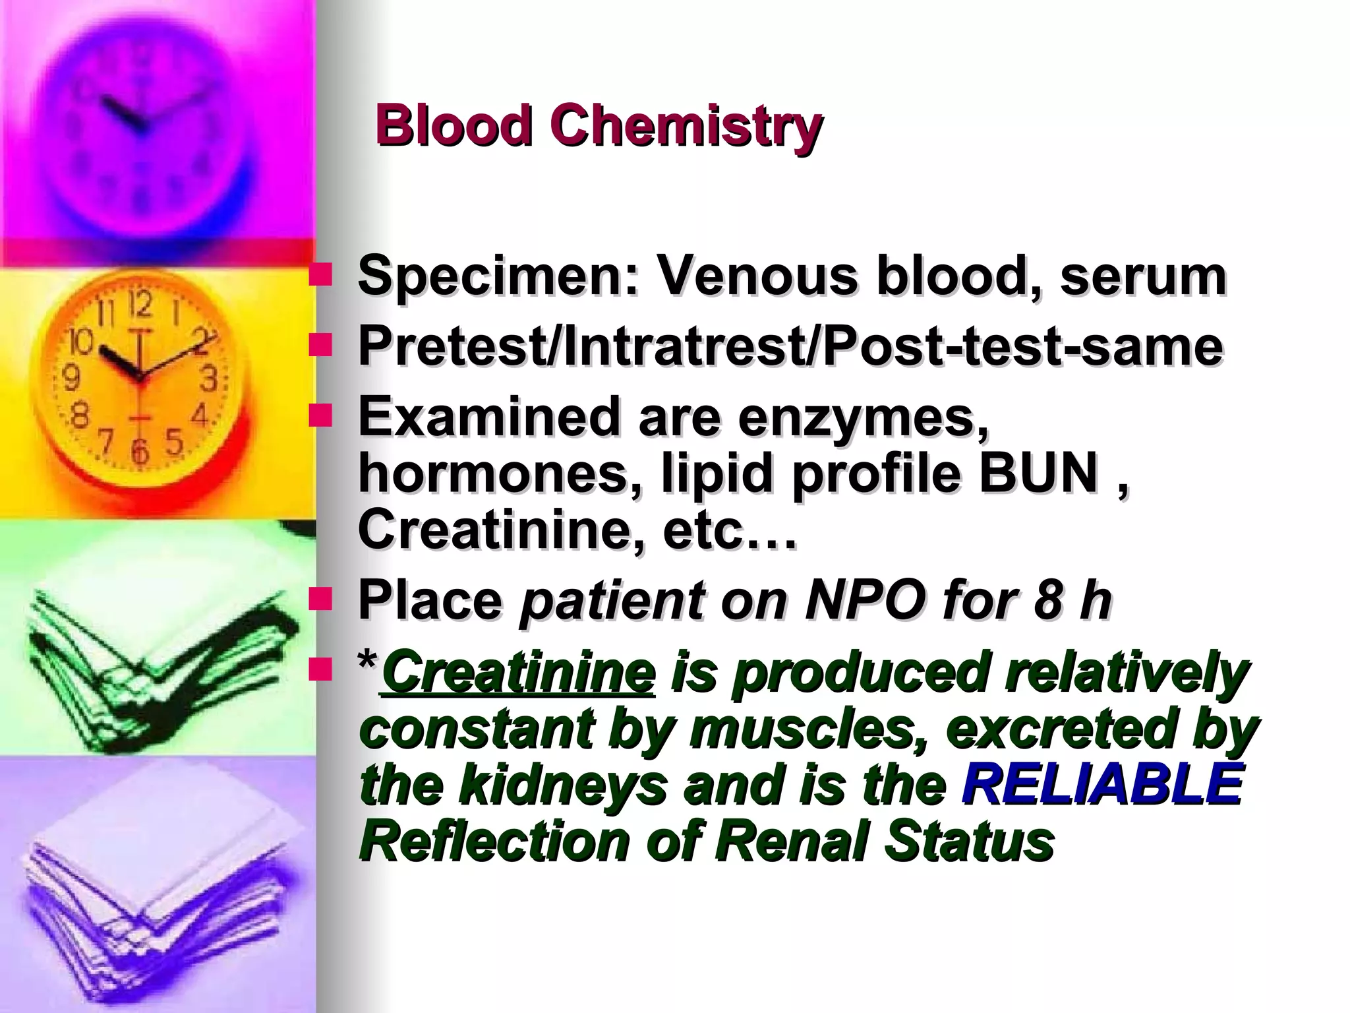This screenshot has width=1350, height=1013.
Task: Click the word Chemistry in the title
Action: pyautogui.click(x=686, y=127)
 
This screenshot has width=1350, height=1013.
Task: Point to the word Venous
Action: pyautogui.click(x=758, y=276)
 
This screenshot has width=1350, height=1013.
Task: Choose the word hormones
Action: pyautogui.click(x=501, y=474)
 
